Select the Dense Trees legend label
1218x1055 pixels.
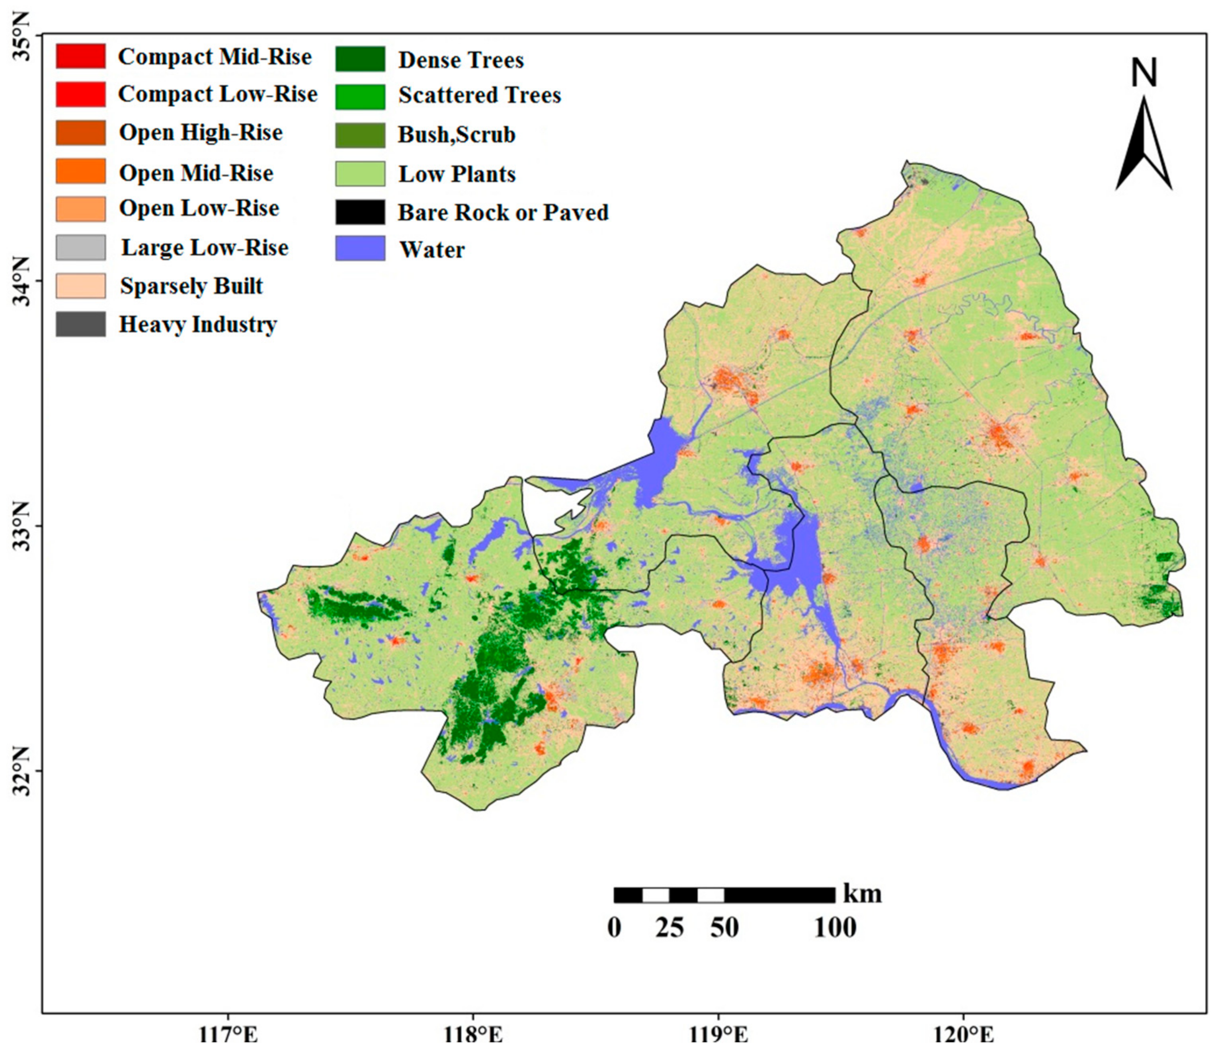(x=461, y=60)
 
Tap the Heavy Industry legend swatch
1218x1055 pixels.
(x=81, y=324)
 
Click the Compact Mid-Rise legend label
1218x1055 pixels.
(x=215, y=56)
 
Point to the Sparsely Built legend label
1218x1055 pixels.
(x=191, y=286)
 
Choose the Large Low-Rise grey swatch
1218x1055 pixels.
(x=81, y=247)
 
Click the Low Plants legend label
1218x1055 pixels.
(x=457, y=174)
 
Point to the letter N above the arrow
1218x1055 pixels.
(x=1144, y=73)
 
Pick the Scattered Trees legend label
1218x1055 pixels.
(x=479, y=95)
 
